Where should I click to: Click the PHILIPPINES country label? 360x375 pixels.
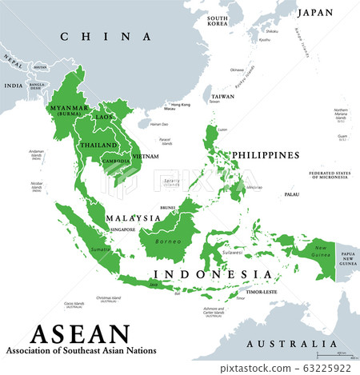tap(266, 154)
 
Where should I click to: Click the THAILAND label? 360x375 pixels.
tap(98, 145)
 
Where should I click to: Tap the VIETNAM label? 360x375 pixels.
tap(146, 156)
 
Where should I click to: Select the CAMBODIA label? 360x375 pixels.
tap(116, 160)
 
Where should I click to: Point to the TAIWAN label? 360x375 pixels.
tap(222, 96)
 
